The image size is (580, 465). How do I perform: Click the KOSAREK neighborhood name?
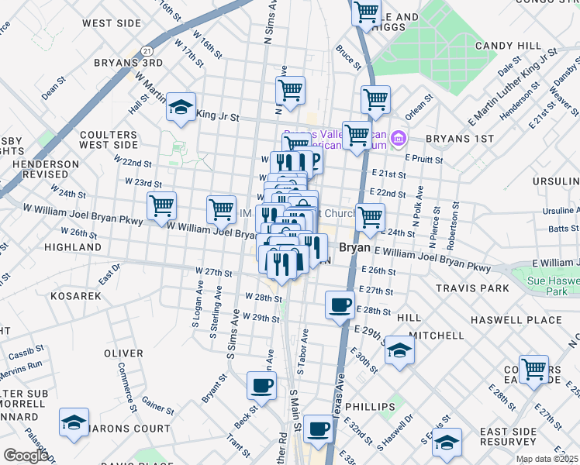(76, 297)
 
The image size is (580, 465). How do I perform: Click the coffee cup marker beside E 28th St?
(339, 305)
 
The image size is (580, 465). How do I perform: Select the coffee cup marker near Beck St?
(261, 384)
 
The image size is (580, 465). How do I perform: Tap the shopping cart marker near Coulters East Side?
(533, 369)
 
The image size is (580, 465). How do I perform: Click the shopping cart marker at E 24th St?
(371, 218)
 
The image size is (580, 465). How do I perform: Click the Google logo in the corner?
(25, 456)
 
